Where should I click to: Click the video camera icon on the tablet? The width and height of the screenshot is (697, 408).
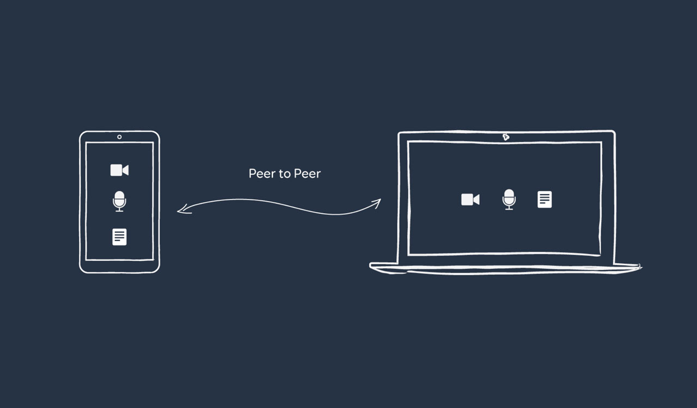119,170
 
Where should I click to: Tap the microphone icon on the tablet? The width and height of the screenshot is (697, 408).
119,201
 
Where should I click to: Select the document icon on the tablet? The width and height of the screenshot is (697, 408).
119,237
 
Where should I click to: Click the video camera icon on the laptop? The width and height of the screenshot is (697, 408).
470,199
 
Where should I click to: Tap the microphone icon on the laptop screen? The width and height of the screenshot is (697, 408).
509,199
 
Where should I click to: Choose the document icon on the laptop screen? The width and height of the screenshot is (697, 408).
545,199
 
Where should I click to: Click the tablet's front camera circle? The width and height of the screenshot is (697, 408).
119,137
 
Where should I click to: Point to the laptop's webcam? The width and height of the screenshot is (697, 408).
506,137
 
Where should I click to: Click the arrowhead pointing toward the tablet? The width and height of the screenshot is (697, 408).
184,209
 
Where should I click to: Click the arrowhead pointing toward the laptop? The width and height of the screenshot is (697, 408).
376,203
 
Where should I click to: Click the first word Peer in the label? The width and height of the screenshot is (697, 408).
262,174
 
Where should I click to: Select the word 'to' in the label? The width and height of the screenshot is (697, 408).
285,174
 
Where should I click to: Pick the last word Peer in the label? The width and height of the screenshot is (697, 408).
307,174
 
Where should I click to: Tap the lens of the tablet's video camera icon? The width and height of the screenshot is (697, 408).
126,170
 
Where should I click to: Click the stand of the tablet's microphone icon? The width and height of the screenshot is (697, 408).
119,209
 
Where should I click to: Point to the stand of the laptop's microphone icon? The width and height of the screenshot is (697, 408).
509,207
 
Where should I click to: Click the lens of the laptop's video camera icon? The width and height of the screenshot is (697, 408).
476,199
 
